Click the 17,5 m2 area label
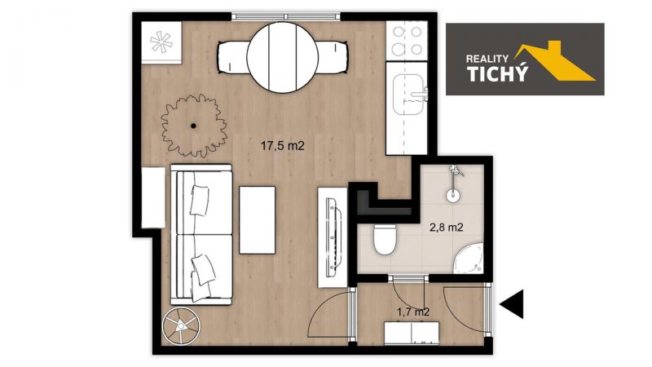point(282,146)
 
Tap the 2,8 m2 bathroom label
point(446,228)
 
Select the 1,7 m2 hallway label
point(413,312)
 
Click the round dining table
point(282,57)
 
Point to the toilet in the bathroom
point(384,239)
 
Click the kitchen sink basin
point(408,95)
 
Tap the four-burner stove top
point(407,41)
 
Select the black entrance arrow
point(512,304)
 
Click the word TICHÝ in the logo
point(497,73)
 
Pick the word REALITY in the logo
point(487,59)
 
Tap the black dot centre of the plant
point(193,126)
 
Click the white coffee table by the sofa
point(257,219)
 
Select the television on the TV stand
point(333,237)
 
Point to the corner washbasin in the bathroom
point(469,259)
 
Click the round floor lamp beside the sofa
point(181,326)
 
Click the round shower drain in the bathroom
point(453,195)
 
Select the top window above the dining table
point(286,16)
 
